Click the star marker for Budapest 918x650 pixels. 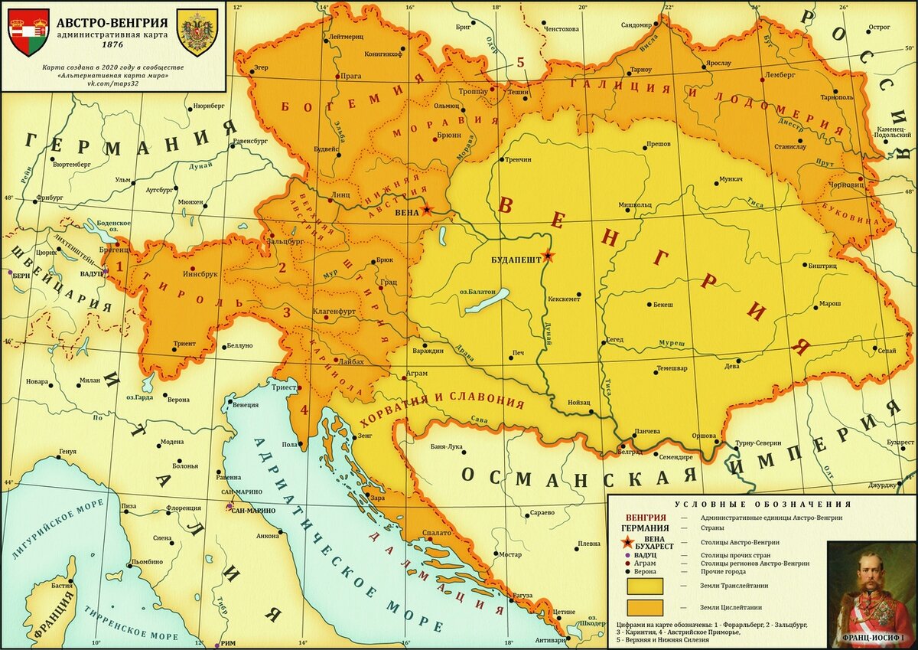coord(547,256)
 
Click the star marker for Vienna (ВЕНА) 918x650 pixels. coord(426,210)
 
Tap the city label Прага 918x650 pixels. coord(350,77)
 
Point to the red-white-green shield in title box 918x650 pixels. coord(28,32)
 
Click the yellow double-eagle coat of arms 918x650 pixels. coord(197,32)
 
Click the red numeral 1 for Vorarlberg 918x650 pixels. coord(119,260)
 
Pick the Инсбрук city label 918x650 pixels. coord(200,273)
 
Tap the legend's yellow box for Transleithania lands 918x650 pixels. coord(646,585)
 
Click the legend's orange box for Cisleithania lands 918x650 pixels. coord(646,607)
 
